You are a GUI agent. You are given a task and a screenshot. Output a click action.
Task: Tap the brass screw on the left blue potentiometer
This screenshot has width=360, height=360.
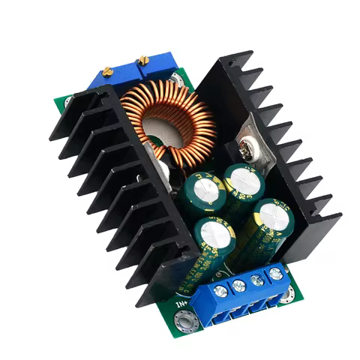point(107,70)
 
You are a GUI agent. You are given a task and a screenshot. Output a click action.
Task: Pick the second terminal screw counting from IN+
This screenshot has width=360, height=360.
point(239,285)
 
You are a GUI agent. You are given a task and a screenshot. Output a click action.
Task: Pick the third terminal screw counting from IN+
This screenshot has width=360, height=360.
point(257,280)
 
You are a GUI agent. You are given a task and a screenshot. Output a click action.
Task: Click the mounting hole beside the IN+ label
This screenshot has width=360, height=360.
point(182,322)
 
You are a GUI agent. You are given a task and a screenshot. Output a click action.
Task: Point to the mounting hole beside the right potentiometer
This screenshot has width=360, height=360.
point(177,77)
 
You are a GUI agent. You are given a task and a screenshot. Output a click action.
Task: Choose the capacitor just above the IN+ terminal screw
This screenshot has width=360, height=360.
point(214,234)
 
